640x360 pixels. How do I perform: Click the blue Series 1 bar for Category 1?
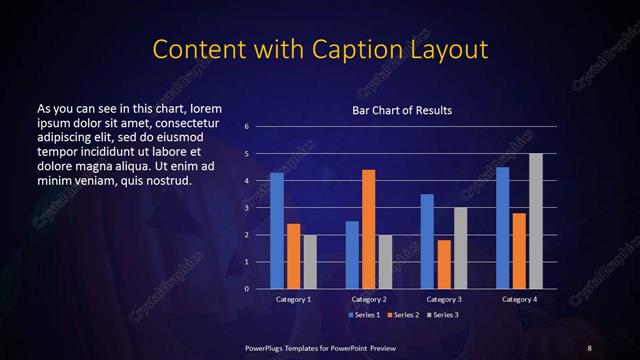(x=277, y=230)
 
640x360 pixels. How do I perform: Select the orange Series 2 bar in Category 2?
(x=369, y=229)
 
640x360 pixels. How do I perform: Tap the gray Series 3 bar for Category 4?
(x=536, y=221)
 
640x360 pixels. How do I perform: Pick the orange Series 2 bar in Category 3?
(x=444, y=264)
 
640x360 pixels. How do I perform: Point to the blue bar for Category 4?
(x=502, y=227)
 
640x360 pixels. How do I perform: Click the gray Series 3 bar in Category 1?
(x=310, y=261)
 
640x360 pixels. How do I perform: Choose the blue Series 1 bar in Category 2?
(x=352, y=254)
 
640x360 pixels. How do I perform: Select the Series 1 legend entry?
(x=363, y=314)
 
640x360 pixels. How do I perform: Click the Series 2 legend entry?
(x=400, y=314)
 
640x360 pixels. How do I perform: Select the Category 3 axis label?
(x=444, y=299)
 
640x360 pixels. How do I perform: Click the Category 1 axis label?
(x=294, y=299)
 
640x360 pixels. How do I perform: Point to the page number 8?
(x=589, y=347)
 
